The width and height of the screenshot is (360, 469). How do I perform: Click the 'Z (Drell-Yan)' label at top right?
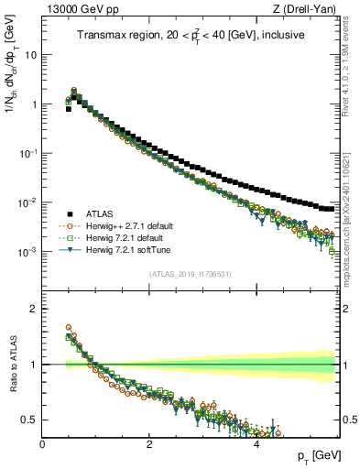[x=308, y=8]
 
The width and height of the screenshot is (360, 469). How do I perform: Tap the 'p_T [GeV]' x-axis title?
[x=321, y=456]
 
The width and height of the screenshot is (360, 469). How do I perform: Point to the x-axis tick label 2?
[x=149, y=443]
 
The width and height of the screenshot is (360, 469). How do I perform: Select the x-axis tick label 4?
[x=256, y=443]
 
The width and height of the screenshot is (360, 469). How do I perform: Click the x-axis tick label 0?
[x=42, y=443]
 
